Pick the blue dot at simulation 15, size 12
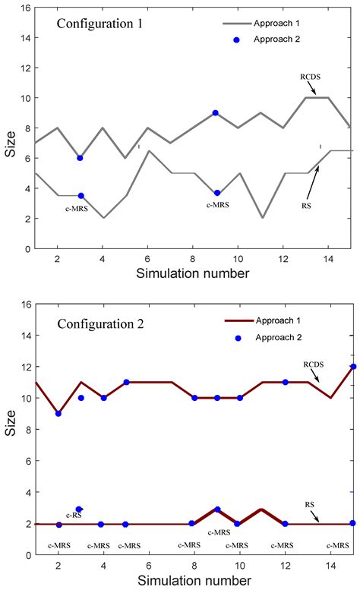352,367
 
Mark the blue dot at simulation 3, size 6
80,158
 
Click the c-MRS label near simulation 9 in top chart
217,205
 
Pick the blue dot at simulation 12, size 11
285,382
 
